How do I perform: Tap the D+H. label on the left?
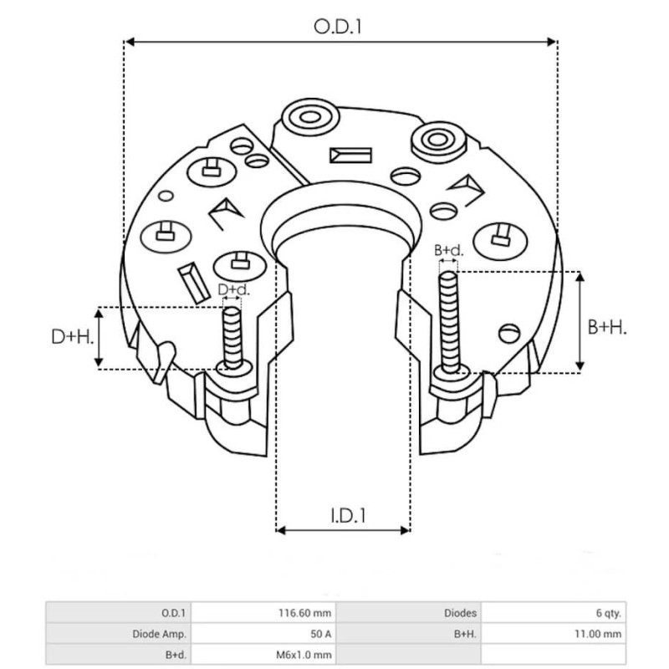70,337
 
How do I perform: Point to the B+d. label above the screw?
448,251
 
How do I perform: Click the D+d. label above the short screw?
232,290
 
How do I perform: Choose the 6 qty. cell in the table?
608,611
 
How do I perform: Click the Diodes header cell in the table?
461,611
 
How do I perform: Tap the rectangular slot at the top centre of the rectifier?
350,156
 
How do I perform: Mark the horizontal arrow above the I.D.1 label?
343,529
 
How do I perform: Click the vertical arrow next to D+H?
100,337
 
